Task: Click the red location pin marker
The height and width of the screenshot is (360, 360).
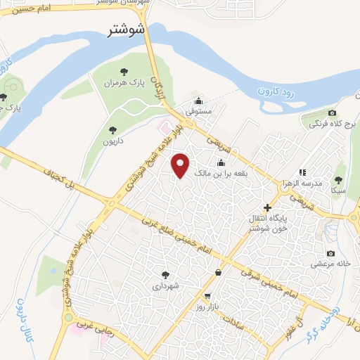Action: (181, 164)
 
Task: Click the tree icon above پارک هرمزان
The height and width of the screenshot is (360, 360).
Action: (124, 72)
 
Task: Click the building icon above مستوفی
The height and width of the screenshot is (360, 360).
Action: (199, 101)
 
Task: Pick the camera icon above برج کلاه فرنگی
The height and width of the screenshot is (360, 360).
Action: (332, 113)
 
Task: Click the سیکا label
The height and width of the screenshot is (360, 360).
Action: (338, 190)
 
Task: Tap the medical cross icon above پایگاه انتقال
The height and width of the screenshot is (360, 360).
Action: (266, 207)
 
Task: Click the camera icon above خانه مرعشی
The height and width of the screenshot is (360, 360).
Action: (330, 253)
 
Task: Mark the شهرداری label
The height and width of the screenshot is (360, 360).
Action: (166, 286)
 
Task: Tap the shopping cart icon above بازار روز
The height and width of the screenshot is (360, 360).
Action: (207, 296)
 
